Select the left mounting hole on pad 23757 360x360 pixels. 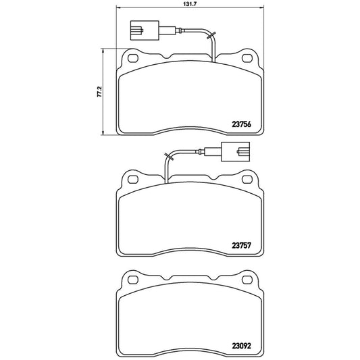tap(132, 180)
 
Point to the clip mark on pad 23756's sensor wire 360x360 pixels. tap(211, 34)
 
